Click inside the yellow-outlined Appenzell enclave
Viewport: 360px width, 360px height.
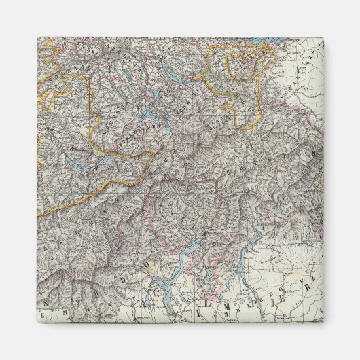point(245,68)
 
